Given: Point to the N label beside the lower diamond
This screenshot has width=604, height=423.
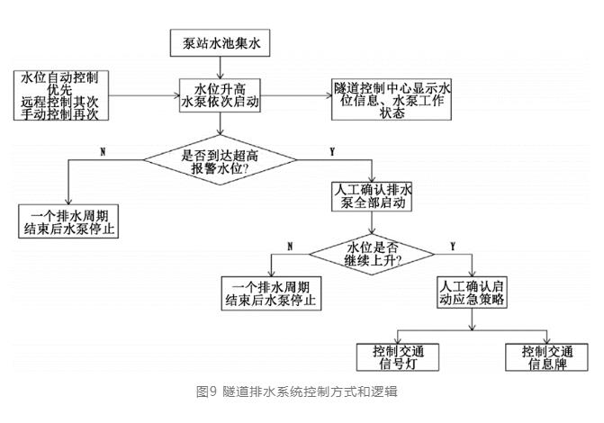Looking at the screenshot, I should [290, 245].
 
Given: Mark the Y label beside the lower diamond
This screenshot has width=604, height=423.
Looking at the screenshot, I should [451, 245].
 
